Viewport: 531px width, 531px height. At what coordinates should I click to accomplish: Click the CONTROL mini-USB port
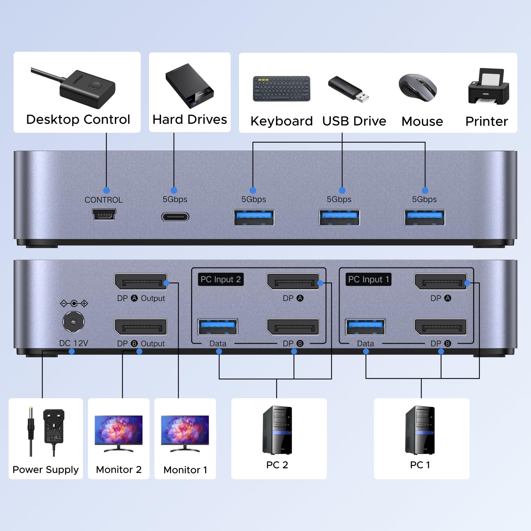click(104, 214)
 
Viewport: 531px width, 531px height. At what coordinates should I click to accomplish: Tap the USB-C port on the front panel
click(175, 217)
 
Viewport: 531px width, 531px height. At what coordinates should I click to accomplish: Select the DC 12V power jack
click(73, 322)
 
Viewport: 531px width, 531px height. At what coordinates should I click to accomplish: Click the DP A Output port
click(140, 282)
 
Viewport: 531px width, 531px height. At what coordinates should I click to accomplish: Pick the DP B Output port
click(140, 327)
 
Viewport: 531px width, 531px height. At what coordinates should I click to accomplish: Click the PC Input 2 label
click(220, 279)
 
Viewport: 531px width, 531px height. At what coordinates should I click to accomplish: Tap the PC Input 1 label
click(368, 279)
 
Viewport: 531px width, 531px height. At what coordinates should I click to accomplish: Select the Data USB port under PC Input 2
click(218, 327)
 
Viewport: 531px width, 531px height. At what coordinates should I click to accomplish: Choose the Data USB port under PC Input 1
click(365, 327)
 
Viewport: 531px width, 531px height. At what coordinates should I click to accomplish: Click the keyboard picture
click(281, 89)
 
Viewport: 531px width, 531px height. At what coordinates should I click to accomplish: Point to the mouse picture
click(418, 87)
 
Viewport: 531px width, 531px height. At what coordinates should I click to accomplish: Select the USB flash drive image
click(348, 89)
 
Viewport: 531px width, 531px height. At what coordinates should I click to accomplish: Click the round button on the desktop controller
click(96, 86)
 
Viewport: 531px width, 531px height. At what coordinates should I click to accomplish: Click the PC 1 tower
click(420, 430)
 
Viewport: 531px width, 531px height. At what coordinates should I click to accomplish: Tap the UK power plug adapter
click(54, 427)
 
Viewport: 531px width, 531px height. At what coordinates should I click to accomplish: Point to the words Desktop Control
click(78, 119)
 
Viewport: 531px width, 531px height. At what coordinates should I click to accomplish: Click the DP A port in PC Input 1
click(441, 282)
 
